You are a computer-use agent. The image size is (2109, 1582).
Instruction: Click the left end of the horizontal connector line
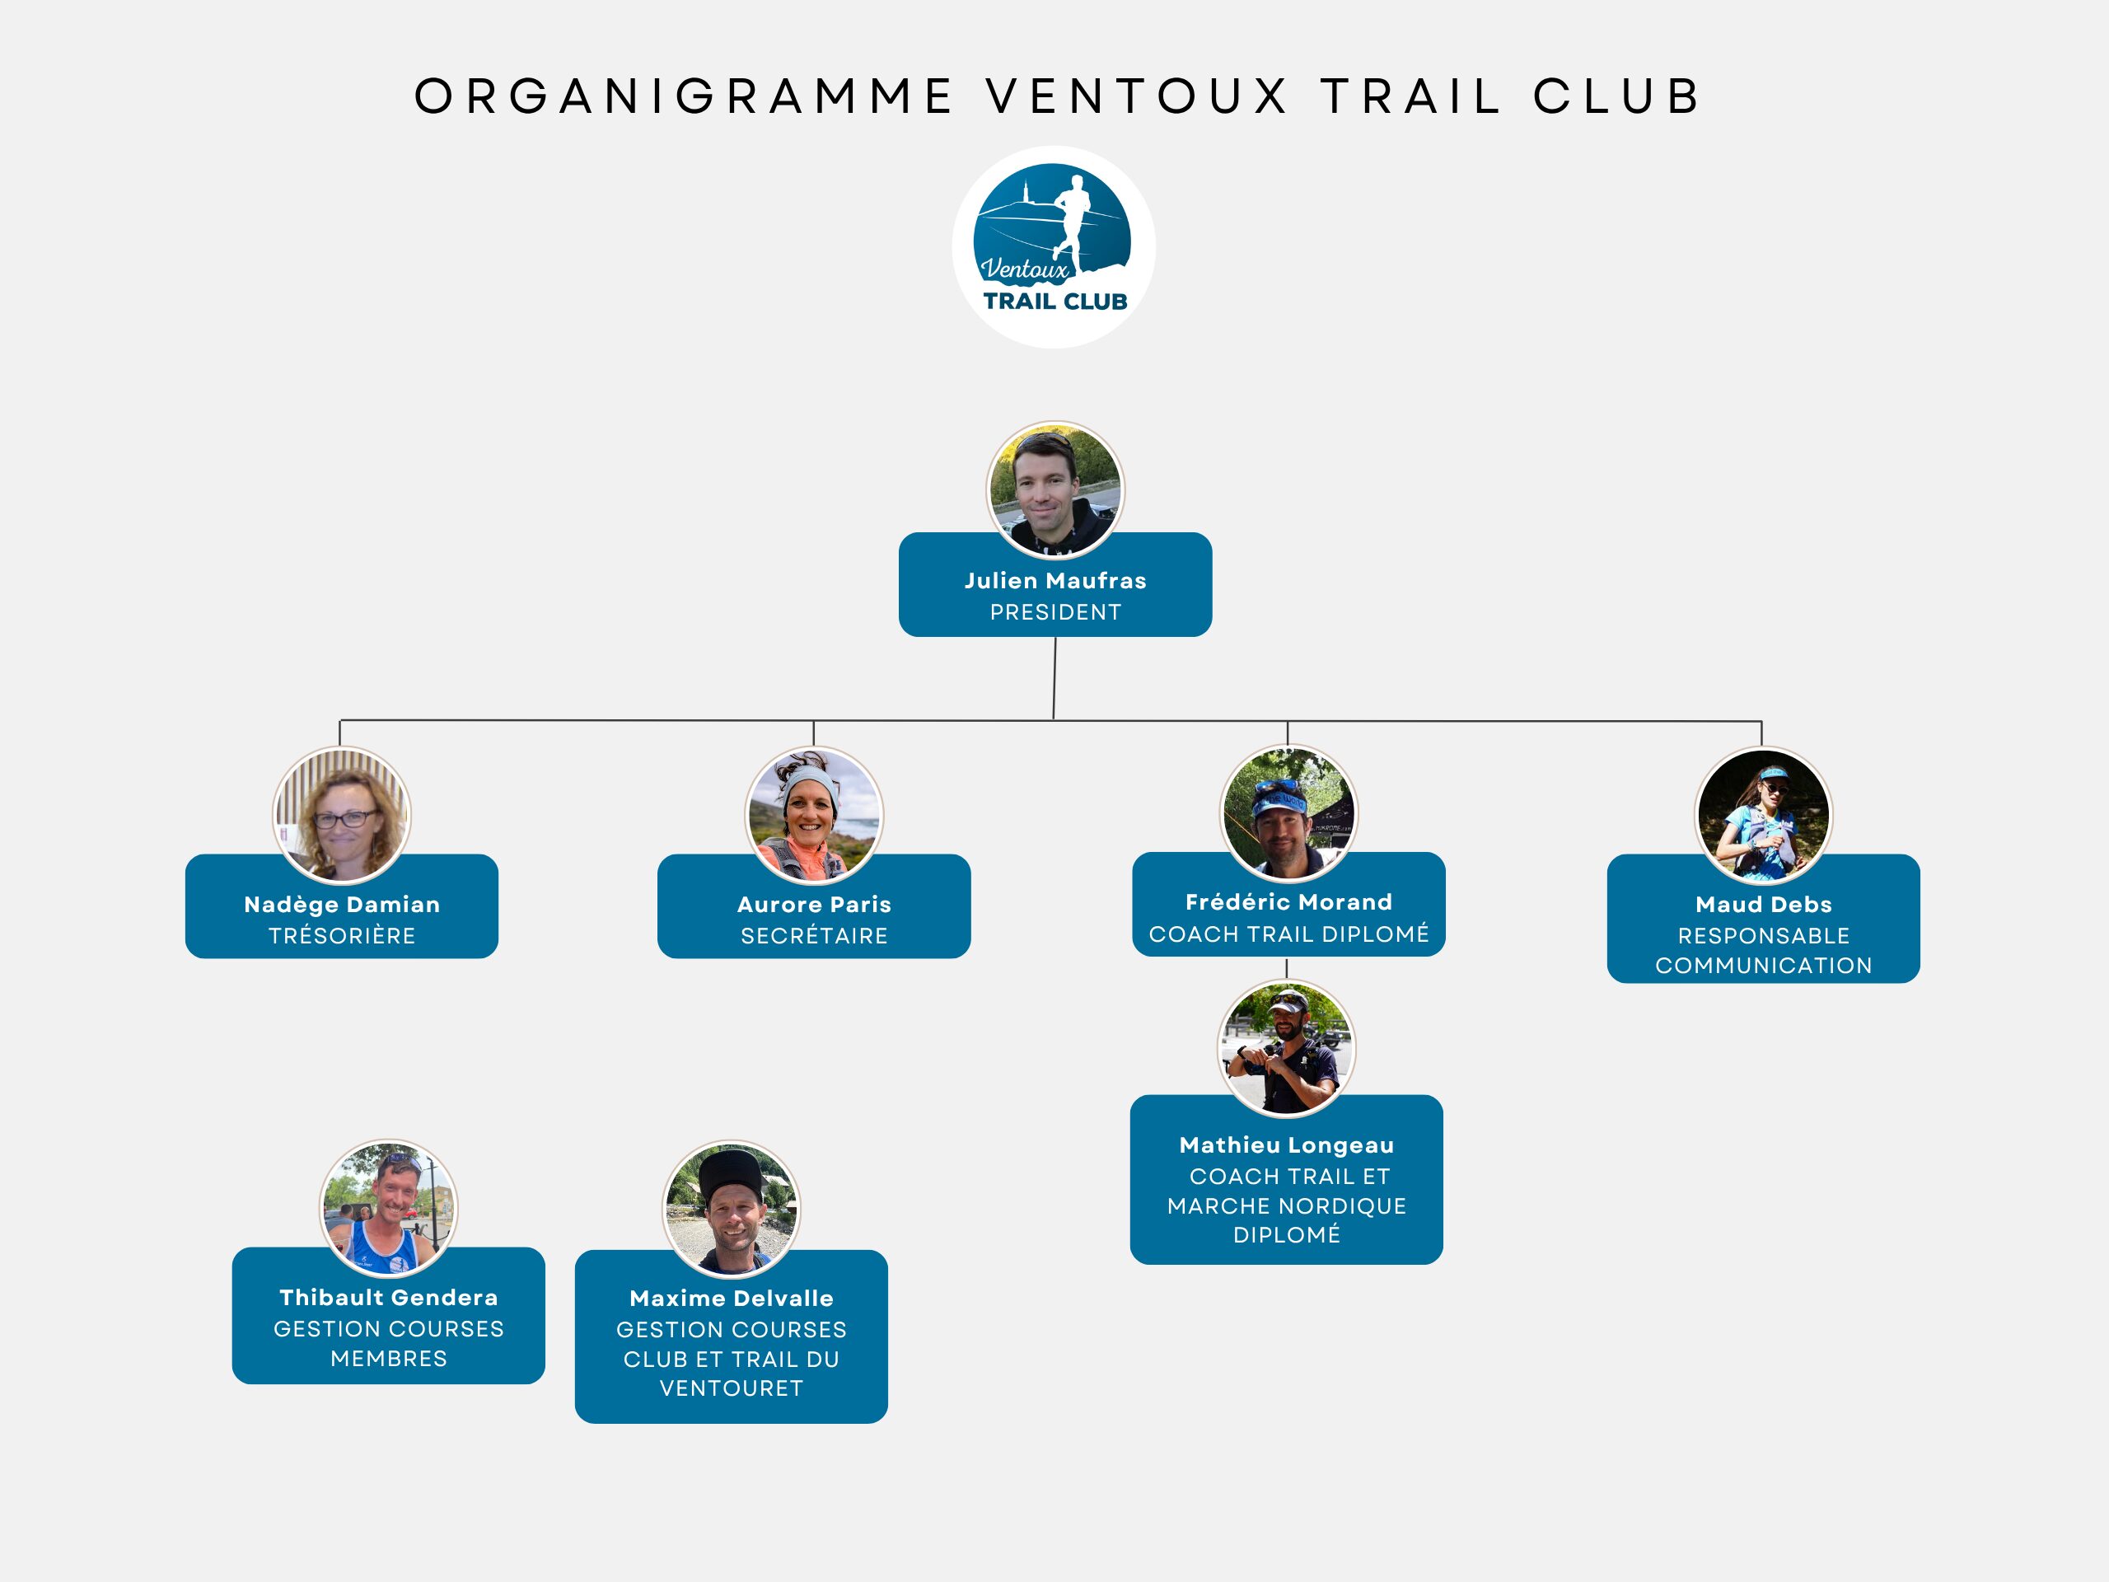coord(340,720)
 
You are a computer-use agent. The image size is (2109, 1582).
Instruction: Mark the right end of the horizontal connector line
coord(1762,721)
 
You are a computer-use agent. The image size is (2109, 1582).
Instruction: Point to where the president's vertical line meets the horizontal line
coord(1054,720)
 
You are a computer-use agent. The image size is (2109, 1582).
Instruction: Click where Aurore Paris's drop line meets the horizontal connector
coord(813,720)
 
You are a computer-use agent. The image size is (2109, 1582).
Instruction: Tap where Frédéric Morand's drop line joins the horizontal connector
coord(1287,721)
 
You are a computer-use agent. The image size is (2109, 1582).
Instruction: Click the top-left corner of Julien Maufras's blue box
coord(900,533)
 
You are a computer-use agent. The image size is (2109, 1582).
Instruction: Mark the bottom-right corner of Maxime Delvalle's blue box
coord(886,1423)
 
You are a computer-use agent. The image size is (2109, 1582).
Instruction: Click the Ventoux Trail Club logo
coord(1054,247)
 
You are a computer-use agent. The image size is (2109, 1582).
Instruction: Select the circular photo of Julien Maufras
coord(1055,490)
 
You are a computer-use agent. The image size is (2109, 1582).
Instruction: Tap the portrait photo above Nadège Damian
coord(342,816)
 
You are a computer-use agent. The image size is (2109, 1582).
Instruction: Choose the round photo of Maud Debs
coord(1763,817)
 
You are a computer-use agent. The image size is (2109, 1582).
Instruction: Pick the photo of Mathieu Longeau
coord(1286,1048)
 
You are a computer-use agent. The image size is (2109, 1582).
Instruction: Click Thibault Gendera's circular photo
coord(388,1208)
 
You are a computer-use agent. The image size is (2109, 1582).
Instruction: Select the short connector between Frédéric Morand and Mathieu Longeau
coord(1287,968)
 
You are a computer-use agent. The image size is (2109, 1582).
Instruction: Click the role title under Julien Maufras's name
coord(1055,612)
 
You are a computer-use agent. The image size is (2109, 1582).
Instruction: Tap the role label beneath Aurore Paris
coord(814,936)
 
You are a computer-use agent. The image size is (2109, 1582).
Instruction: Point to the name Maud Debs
coord(1764,904)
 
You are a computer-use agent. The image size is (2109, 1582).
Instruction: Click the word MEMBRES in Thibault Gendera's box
coord(389,1358)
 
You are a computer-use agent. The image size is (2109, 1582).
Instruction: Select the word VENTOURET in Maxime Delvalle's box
coord(732,1388)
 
